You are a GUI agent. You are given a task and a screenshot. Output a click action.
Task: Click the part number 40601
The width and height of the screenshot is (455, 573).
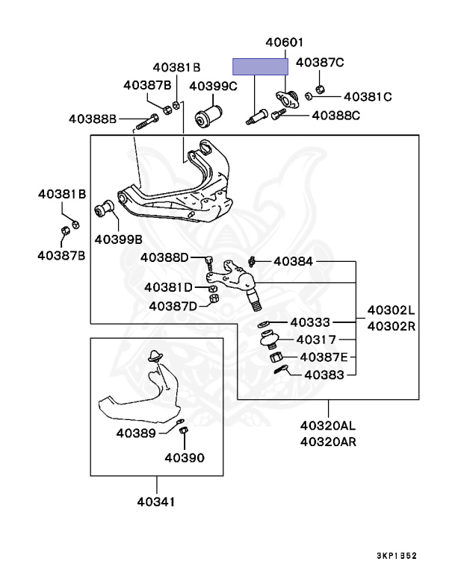pyautogui.click(x=283, y=43)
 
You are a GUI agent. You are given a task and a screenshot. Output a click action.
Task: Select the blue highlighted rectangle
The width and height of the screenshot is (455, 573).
pyautogui.click(x=260, y=66)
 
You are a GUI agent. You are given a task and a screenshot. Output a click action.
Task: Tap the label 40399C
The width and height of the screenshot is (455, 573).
pyautogui.click(x=213, y=87)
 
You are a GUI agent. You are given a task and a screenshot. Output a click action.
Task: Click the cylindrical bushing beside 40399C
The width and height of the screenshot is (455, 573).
pyautogui.click(x=210, y=115)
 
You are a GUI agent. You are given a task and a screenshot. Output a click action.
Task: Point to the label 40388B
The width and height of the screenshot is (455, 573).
pyautogui.click(x=93, y=119)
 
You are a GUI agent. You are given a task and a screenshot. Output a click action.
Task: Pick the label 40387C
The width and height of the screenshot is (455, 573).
pyautogui.click(x=320, y=63)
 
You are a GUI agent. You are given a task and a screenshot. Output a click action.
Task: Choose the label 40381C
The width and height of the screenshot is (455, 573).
pyautogui.click(x=368, y=96)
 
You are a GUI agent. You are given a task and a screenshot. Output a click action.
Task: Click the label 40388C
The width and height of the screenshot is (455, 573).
pyautogui.click(x=335, y=115)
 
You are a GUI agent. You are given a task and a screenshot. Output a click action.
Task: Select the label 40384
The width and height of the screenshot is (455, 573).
pyautogui.click(x=294, y=261)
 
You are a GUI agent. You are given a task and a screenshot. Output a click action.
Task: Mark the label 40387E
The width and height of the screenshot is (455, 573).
pyautogui.click(x=324, y=357)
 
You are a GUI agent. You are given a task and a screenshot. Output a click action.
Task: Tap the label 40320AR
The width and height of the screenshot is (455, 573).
pyautogui.click(x=329, y=442)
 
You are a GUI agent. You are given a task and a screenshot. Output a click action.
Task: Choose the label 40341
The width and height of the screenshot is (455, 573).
pyautogui.click(x=157, y=501)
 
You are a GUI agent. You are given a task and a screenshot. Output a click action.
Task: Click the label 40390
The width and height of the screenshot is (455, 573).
pyautogui.click(x=184, y=457)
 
